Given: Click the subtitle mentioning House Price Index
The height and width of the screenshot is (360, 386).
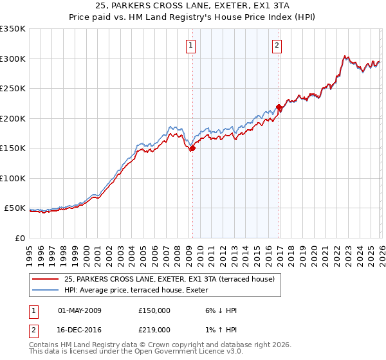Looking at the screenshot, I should click(x=192, y=17).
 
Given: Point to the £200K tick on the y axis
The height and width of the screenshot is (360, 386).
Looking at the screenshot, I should click(x=13, y=118).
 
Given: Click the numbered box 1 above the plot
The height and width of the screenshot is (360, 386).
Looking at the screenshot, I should click(x=192, y=46).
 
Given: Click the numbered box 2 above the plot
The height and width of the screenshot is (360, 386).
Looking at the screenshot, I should click(x=276, y=46).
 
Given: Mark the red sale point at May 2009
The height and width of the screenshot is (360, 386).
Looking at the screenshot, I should click(x=192, y=148).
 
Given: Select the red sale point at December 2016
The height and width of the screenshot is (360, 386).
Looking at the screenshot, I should click(x=279, y=107).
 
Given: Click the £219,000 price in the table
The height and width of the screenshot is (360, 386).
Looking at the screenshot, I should click(x=154, y=329).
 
